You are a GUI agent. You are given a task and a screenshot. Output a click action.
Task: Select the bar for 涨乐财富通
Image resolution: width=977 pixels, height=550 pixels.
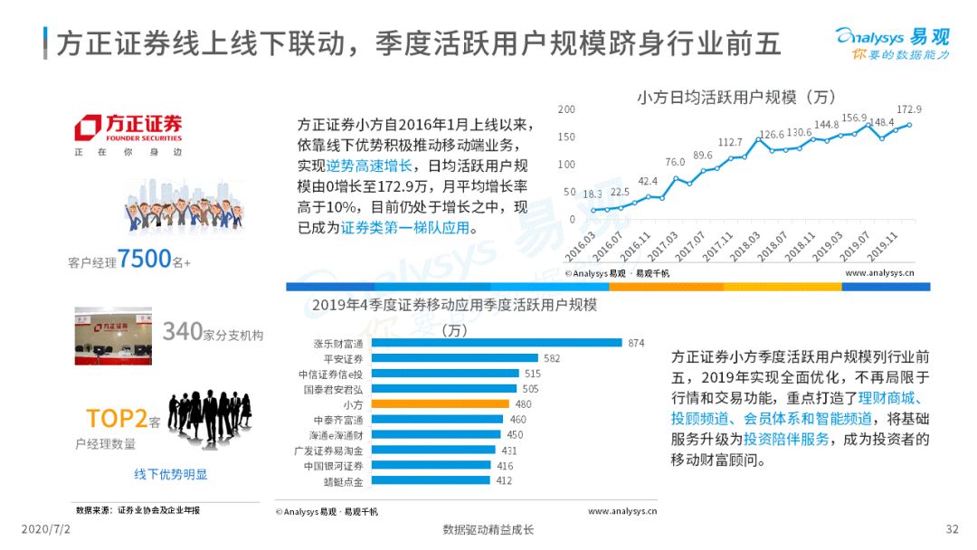[x=497, y=343]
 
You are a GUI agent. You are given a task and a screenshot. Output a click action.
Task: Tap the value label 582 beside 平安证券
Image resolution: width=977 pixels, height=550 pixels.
[x=552, y=358]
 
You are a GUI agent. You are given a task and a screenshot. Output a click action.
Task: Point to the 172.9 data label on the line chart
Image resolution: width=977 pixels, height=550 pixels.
[x=908, y=109]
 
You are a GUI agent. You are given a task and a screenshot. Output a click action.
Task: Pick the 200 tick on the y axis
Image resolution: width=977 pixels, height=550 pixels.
[x=566, y=109]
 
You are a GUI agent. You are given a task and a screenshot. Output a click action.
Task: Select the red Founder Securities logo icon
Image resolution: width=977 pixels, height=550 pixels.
[x=88, y=128]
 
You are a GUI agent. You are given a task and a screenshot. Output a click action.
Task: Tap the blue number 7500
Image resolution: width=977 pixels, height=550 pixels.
[x=144, y=259]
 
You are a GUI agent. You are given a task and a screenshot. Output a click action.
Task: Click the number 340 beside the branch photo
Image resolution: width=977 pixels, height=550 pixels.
[x=183, y=331]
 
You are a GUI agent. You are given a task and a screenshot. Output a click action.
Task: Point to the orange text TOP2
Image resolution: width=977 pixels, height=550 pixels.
[x=117, y=419]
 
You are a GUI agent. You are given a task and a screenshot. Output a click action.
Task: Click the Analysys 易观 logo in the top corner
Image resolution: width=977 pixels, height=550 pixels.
[x=893, y=43]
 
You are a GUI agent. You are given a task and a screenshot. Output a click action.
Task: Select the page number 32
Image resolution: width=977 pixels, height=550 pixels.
[x=952, y=529]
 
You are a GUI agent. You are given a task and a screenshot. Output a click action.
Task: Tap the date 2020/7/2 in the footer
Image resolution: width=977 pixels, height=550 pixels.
[x=45, y=529]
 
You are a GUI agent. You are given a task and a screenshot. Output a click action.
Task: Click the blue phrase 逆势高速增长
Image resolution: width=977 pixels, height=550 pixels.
[x=369, y=166]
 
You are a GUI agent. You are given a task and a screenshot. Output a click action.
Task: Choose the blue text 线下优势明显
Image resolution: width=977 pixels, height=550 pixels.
[x=171, y=475]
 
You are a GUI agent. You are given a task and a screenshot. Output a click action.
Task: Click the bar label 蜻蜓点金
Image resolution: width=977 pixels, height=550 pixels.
[x=344, y=481]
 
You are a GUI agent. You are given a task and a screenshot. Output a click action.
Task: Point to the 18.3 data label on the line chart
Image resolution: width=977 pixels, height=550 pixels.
[x=592, y=194]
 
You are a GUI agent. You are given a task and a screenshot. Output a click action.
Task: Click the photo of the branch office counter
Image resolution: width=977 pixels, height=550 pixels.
[x=113, y=336]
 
